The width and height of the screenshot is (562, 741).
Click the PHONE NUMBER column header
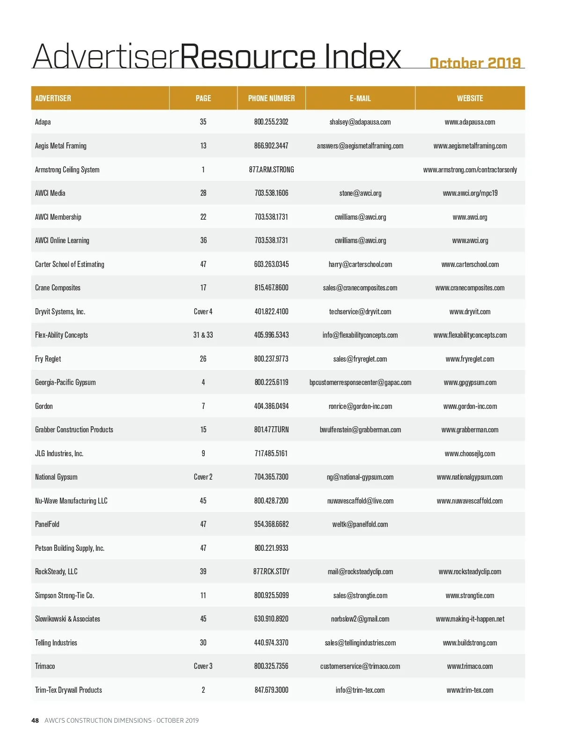coord(271,98)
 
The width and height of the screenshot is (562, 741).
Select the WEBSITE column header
coord(470,98)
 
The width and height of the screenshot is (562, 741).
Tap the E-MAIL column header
coord(360,98)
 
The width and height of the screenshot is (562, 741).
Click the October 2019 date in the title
coord(475,63)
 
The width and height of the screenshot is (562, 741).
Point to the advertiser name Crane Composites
coord(58,288)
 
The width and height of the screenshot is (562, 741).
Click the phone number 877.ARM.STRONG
coord(271,170)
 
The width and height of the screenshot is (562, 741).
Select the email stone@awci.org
coord(360,193)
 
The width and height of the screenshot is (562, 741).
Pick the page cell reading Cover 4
coord(203,311)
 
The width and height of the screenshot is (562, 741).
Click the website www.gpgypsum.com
coord(470,382)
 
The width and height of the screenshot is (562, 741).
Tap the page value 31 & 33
coord(203,335)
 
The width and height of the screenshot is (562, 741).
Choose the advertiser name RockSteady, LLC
coord(56,571)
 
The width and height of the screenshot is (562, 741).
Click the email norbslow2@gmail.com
coord(360,619)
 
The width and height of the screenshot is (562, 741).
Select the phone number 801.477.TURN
coord(271,430)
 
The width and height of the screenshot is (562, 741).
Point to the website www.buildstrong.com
coord(470,643)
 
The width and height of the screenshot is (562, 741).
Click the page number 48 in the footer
coord(35,720)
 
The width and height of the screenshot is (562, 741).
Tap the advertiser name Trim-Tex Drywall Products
coord(68,690)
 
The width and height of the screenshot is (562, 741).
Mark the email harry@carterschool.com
coord(360,264)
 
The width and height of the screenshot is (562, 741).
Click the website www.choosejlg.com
coord(470,453)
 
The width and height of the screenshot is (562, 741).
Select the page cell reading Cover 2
coord(203,477)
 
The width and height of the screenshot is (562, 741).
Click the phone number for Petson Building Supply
coord(271,548)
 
